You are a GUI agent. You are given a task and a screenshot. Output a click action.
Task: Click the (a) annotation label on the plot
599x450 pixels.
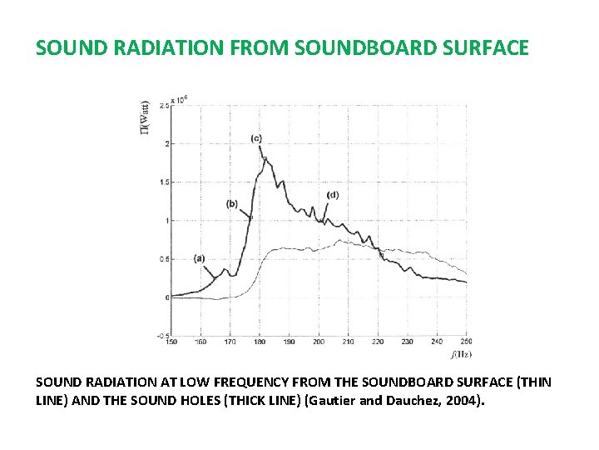click(x=199, y=258)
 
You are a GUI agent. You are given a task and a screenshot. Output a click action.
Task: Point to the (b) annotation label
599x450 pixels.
click(x=231, y=203)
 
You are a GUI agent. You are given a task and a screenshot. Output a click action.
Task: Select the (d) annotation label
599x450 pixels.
click(x=333, y=195)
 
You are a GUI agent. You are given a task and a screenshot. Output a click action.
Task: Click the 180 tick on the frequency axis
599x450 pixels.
click(x=260, y=342)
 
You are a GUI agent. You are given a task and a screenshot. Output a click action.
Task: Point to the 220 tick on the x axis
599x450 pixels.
click(x=378, y=342)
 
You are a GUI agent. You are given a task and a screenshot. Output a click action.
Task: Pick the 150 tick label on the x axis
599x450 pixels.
click(x=171, y=342)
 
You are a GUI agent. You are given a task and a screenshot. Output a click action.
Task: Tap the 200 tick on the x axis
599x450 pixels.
click(x=319, y=342)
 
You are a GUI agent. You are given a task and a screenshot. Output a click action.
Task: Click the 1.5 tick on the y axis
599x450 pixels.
click(x=164, y=182)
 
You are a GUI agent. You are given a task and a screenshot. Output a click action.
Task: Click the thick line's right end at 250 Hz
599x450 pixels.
click(x=466, y=282)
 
